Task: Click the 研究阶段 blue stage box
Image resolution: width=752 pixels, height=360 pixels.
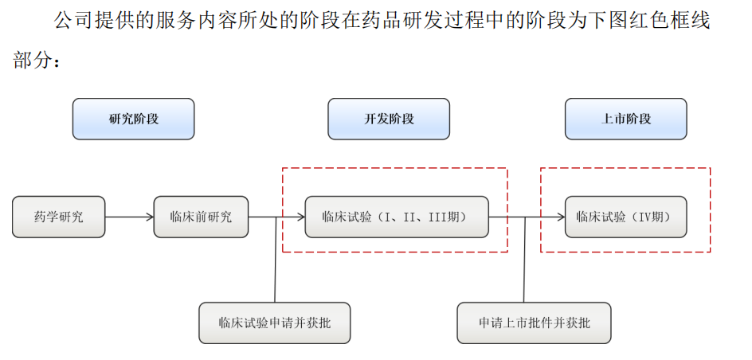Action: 133,119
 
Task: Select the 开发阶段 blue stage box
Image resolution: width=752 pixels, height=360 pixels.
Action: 389,119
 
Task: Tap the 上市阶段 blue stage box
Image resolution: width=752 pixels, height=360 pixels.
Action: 625,119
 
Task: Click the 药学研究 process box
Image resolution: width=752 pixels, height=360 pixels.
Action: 58,217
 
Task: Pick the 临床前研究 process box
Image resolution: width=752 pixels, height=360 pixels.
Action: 201,217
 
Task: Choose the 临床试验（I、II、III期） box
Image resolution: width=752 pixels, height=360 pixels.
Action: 396,217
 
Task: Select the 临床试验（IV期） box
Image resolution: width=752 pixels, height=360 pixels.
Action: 625,217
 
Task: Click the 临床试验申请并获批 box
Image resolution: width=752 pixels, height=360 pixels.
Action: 274,323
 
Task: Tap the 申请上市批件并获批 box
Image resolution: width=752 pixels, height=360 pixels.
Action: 534,323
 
